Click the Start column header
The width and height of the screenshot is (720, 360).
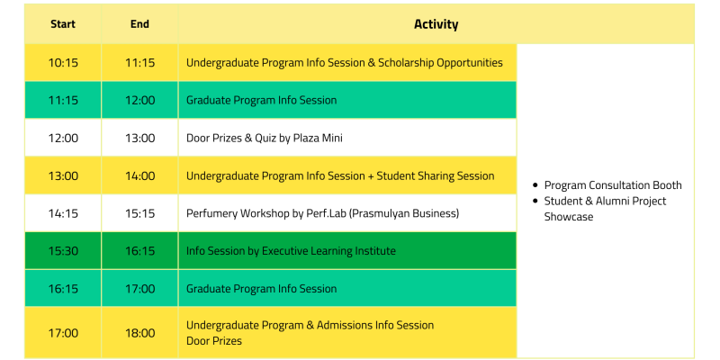point(63,24)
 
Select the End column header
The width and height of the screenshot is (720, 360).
point(139,24)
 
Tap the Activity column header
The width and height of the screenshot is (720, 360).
point(436,24)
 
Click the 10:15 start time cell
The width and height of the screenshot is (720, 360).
point(63,62)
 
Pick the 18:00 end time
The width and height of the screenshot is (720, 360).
point(140,333)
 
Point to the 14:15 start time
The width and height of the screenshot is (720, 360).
point(63,213)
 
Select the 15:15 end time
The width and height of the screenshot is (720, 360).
point(140,213)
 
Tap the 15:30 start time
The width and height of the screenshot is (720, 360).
point(63,251)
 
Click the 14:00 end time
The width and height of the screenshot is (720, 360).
point(140,175)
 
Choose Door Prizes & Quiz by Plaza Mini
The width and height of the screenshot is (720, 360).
point(264,139)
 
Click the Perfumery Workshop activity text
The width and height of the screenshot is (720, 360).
point(322,213)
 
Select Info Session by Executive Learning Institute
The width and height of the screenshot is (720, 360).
point(291,251)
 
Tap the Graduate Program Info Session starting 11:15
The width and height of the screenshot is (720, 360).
point(261,100)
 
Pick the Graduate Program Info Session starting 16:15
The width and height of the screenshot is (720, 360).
point(261,289)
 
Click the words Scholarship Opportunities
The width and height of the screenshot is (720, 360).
point(440,63)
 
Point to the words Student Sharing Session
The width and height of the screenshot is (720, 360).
point(436,175)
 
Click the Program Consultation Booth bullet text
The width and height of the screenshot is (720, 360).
point(613,185)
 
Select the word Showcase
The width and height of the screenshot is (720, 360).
point(569,217)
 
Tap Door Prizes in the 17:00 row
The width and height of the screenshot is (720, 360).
point(214,341)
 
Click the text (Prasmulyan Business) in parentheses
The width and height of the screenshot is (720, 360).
point(404,213)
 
